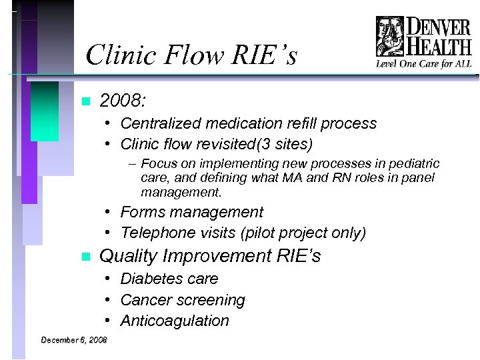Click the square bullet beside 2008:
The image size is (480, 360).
click(x=84, y=102)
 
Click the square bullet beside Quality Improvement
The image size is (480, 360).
click(x=84, y=257)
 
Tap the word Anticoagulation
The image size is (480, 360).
click(x=175, y=321)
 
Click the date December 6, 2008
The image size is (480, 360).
click(x=74, y=340)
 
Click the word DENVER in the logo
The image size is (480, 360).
click(x=438, y=27)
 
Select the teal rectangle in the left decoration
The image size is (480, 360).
click(x=45, y=111)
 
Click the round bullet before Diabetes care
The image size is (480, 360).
click(x=107, y=279)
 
